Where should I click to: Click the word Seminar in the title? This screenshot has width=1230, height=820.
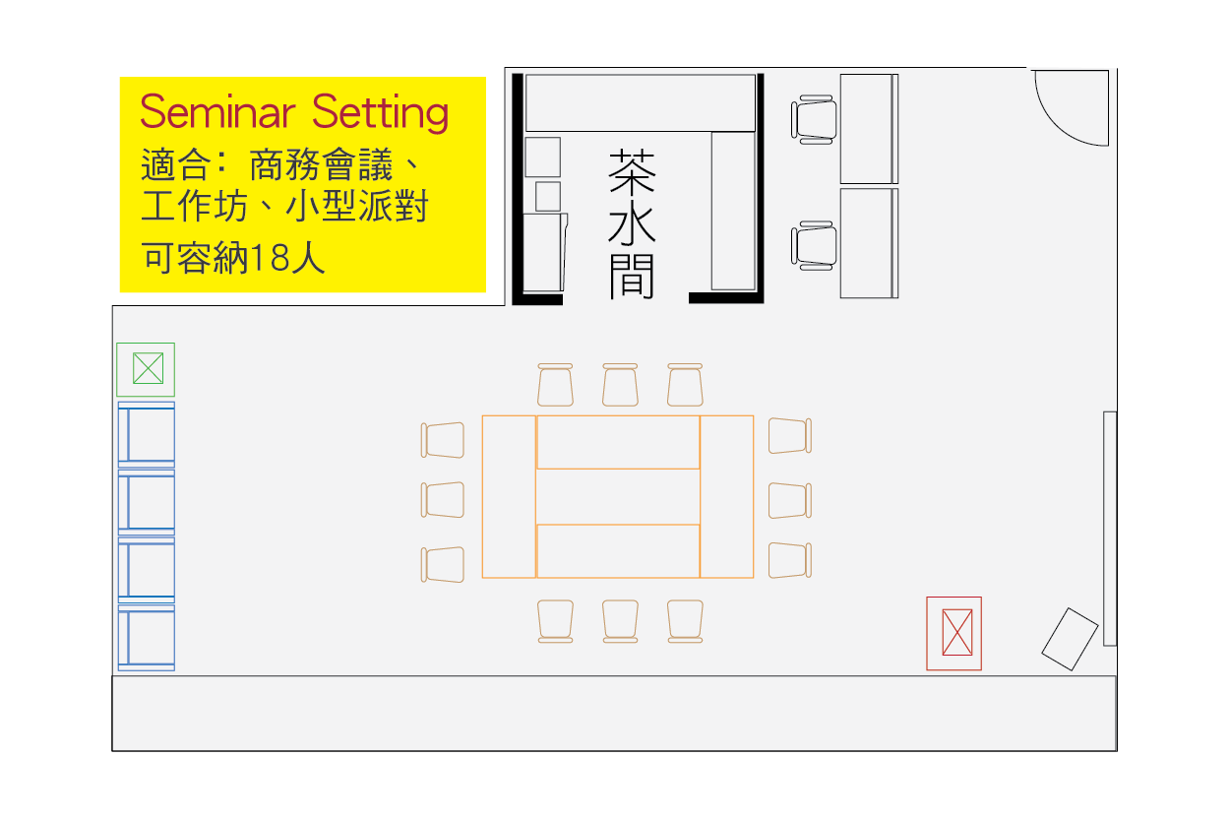click(x=217, y=112)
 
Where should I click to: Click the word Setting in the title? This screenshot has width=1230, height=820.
click(x=380, y=113)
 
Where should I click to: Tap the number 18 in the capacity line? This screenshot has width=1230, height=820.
click(x=269, y=258)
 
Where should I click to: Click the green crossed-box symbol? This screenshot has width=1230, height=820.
click(x=146, y=369)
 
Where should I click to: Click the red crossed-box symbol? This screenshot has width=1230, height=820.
click(x=953, y=633)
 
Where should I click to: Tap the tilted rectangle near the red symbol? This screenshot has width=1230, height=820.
click(x=1070, y=639)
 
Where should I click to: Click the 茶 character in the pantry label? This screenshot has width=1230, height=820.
click(x=632, y=171)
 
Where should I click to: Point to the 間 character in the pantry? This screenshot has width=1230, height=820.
click(x=632, y=277)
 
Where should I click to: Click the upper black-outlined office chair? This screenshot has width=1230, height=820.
click(x=814, y=119)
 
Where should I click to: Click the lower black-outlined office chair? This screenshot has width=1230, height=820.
click(x=814, y=245)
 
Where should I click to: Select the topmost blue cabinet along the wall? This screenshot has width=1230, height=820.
click(x=146, y=434)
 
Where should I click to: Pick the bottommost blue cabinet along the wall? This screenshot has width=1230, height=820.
click(x=146, y=638)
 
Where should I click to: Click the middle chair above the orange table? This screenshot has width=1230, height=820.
click(x=620, y=385)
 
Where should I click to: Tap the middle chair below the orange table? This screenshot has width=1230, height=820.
click(x=620, y=621)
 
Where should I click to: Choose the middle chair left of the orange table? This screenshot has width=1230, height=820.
click(x=443, y=500)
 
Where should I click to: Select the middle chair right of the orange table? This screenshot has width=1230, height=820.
click(x=789, y=500)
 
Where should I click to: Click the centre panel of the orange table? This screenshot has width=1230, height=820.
click(x=618, y=496)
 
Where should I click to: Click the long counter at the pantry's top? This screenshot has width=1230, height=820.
click(x=641, y=102)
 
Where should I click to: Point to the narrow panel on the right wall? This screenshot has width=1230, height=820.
click(x=1110, y=529)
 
